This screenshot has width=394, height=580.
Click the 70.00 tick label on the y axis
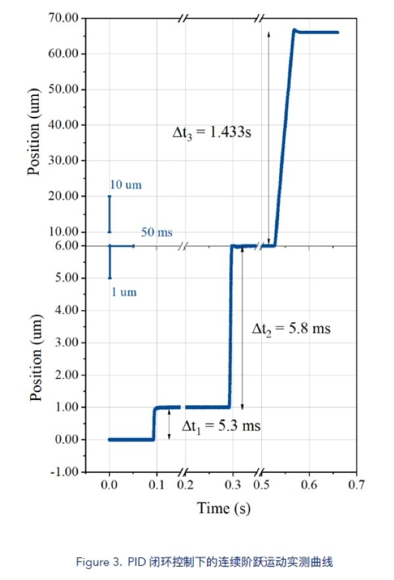[62, 18]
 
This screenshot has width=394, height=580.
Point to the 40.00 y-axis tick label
[62, 125]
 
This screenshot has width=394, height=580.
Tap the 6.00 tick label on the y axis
[66, 246]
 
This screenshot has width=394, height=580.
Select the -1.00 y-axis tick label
[64, 472]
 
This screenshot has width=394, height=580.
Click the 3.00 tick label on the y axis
[66, 342]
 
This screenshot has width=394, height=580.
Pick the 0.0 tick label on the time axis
[109, 485]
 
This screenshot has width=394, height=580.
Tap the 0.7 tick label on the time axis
[356, 485]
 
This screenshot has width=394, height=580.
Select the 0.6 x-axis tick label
[309, 485]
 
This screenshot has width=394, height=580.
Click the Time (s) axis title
[224, 508]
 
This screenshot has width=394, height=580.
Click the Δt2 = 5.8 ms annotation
[292, 328]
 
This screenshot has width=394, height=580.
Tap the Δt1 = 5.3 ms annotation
[221, 426]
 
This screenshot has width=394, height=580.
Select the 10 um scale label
[125, 185]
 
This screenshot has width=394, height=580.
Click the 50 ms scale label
[156, 233]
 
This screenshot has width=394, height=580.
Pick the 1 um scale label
[123, 292]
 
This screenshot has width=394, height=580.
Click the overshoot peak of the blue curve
[295, 30]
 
